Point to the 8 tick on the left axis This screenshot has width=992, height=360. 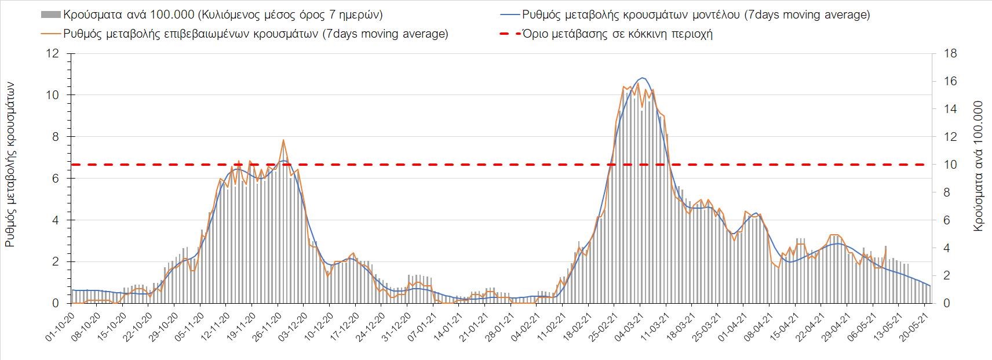pyautogui.click(x=56, y=137)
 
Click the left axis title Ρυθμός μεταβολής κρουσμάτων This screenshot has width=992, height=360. pyautogui.click(x=10, y=165)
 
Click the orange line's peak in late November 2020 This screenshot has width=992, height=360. pyautogui.click(x=283, y=140)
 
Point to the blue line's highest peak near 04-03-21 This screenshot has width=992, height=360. pyautogui.click(x=642, y=78)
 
